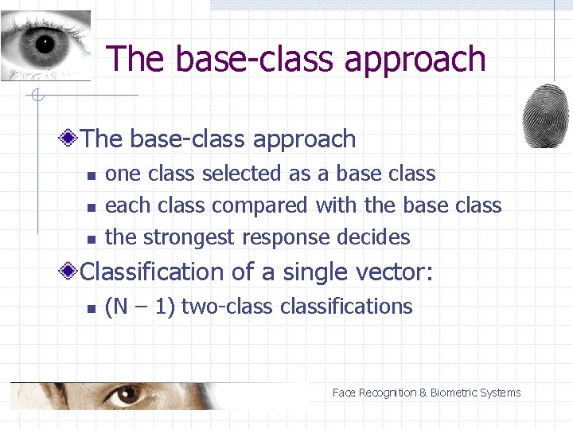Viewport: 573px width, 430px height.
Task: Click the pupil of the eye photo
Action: [44, 42]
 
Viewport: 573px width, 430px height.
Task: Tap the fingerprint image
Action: [545, 115]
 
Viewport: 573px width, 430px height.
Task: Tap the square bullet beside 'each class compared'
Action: [92, 207]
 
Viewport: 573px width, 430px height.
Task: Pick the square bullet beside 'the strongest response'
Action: [92, 239]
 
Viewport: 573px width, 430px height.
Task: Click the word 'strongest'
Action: [189, 237]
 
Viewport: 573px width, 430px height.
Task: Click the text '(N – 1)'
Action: [140, 307]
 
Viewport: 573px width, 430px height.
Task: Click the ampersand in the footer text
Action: [423, 393]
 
